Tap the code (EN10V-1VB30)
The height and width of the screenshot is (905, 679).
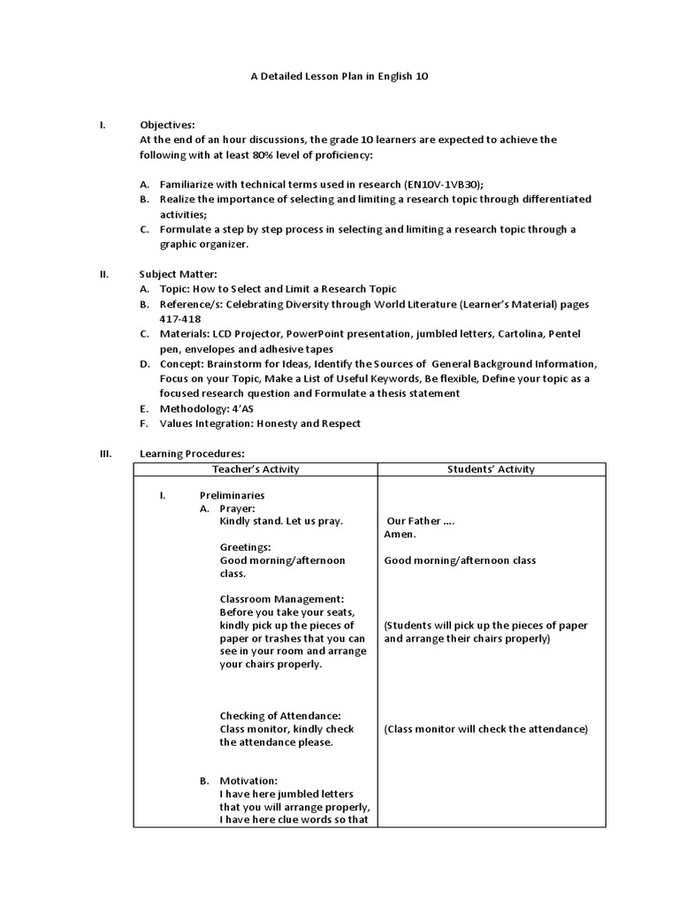442,184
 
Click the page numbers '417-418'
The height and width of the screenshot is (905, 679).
179,319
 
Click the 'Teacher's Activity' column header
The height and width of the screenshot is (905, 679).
256,469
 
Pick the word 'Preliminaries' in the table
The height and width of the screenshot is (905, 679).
232,495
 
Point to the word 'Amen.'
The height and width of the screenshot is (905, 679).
400,534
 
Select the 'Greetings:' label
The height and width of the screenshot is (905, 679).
245,547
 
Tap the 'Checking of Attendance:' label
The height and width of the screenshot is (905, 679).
280,716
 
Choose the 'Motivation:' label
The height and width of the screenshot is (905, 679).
248,781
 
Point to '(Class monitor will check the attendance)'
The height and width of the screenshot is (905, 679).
485,729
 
